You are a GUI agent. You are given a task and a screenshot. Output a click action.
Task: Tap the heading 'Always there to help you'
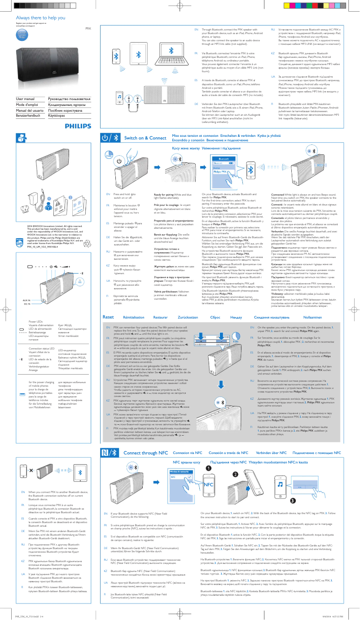35,17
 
